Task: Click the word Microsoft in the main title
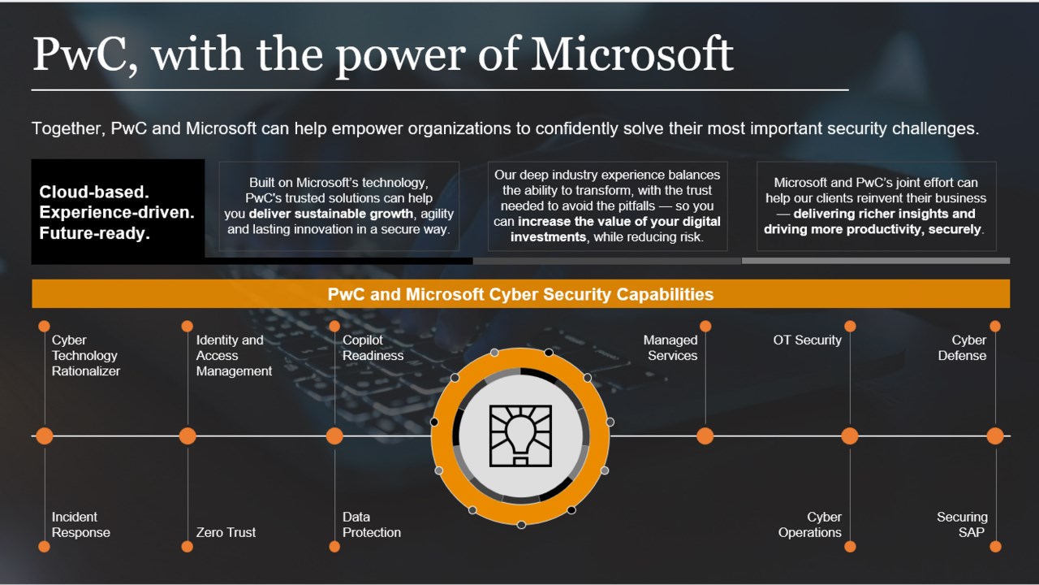(x=632, y=54)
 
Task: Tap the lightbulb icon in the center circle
(x=520, y=435)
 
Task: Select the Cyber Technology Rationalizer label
(x=86, y=356)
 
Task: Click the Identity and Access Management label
(x=234, y=356)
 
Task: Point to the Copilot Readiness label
(x=373, y=348)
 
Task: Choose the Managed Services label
(x=670, y=348)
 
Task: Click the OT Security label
(x=807, y=340)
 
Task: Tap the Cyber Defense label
(x=962, y=348)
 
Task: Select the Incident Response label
(x=80, y=525)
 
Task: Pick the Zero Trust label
(x=226, y=532)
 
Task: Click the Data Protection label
(x=372, y=525)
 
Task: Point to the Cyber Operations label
(x=810, y=525)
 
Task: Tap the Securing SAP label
(x=962, y=525)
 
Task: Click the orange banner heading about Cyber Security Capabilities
(x=520, y=294)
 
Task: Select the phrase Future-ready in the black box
(x=95, y=233)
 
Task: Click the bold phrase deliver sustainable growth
(x=330, y=214)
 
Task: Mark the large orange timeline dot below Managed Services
(x=705, y=436)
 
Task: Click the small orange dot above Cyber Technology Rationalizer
(x=44, y=326)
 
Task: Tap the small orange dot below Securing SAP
(x=995, y=547)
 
